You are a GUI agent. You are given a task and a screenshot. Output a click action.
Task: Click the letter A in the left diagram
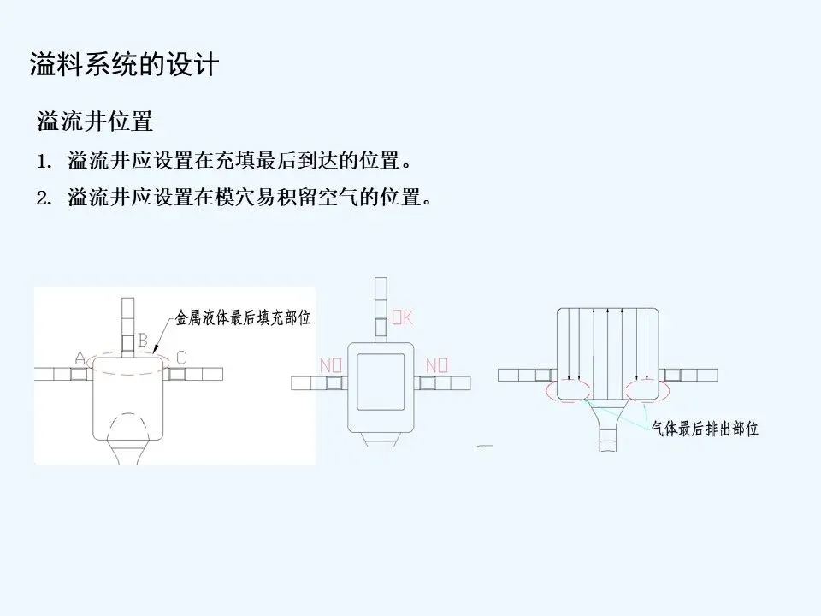(80, 358)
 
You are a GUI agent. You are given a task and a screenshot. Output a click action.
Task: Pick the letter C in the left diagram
(180, 356)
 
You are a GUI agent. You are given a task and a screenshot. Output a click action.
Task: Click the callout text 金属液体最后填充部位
(243, 317)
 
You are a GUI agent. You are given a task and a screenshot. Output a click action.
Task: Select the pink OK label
(403, 318)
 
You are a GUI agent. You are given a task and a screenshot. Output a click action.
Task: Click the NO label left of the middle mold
(332, 366)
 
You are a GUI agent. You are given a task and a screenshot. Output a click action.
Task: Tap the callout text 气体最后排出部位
(705, 429)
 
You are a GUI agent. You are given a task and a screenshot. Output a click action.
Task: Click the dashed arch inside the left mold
(129, 424)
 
